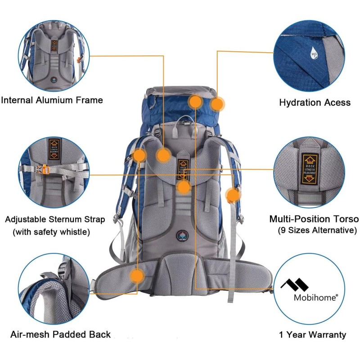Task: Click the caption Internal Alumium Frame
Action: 52,100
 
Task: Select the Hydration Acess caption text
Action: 315,103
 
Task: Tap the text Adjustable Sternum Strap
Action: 55,220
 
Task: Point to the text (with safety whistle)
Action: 51,232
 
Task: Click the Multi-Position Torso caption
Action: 314,219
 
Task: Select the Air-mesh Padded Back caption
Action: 60,334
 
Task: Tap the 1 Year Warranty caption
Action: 312,334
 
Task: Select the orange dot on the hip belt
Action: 137,275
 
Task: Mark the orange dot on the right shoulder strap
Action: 233,195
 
